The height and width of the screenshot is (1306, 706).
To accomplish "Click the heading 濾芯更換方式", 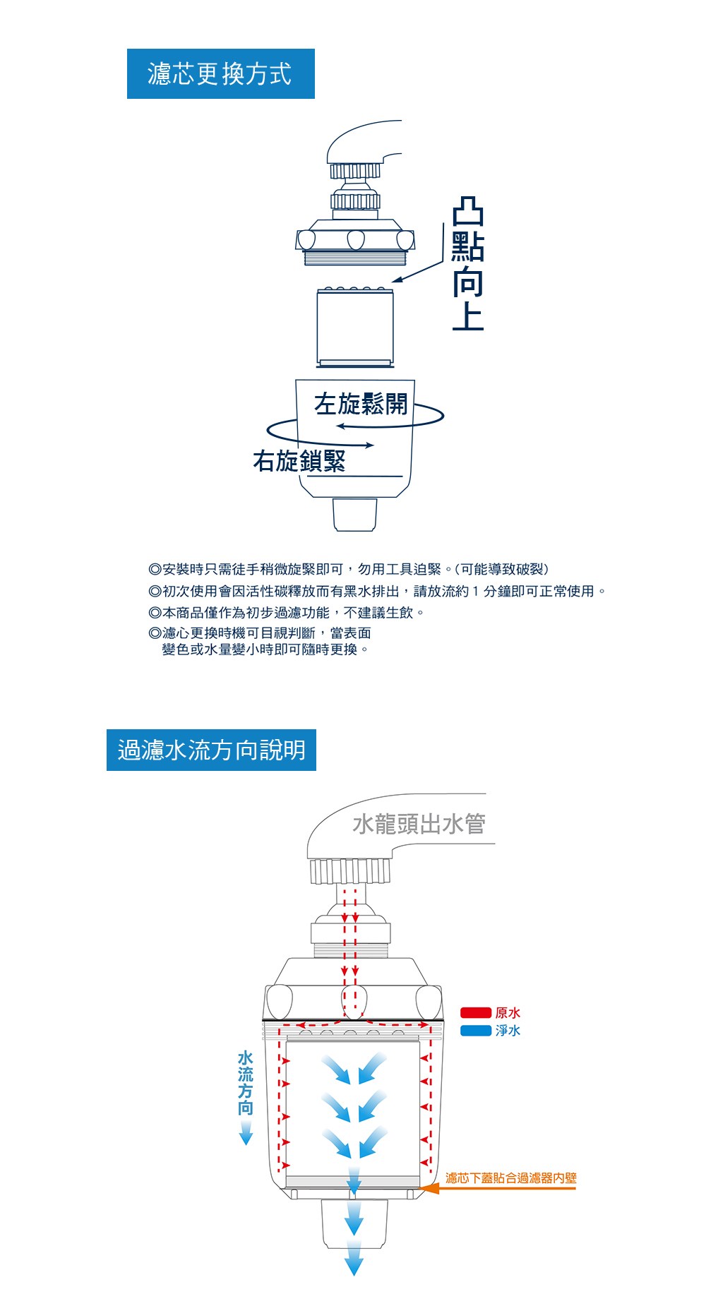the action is point(220,73).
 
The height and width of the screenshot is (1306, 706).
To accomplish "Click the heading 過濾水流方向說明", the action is point(211,750).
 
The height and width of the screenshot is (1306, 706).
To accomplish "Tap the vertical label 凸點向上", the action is point(467,264).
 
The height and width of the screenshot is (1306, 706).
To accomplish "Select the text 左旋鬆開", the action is point(361,404).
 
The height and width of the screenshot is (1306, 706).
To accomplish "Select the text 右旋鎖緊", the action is point(299,460).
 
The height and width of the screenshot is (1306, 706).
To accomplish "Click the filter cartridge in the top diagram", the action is point(354,327).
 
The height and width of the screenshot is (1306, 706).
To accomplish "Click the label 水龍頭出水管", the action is point(419,824).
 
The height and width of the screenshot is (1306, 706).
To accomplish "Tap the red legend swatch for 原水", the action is point(475,1013).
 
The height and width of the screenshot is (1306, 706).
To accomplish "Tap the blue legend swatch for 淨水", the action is point(475,1031).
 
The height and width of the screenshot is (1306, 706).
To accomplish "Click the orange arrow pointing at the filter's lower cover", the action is point(498,1188).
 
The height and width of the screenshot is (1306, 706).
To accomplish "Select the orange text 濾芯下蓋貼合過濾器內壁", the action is point(511,1178).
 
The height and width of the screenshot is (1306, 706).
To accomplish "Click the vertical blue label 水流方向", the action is point(245,1083).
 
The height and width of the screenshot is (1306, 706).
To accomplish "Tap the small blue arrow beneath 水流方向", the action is point(246,1133).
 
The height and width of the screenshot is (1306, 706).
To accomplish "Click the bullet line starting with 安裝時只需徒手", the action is point(349,569).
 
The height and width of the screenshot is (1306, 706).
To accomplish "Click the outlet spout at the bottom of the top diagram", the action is point(354,514).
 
